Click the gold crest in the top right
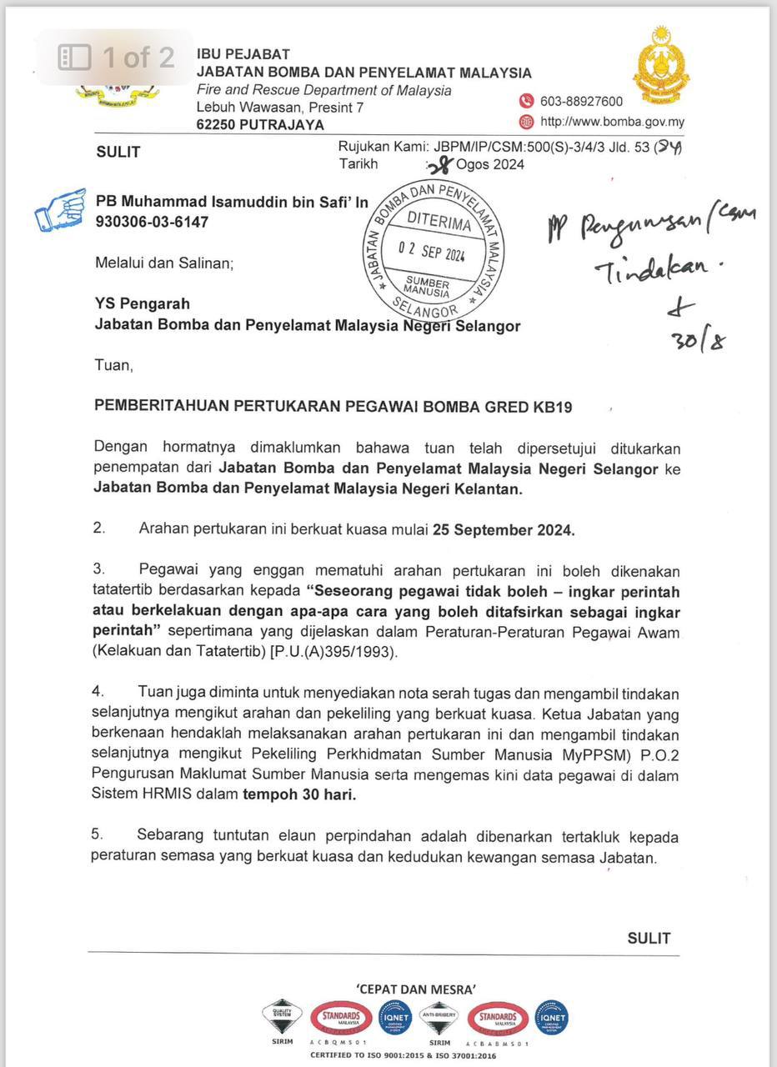(660, 65)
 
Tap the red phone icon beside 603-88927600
(526, 101)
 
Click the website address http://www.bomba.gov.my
(612, 122)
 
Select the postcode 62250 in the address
(218, 125)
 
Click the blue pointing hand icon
(60, 209)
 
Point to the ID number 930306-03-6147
(153, 222)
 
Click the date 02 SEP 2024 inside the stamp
(431, 251)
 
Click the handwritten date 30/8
(698, 340)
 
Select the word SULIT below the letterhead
(118, 152)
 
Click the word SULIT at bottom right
(649, 938)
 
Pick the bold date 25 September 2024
(503, 530)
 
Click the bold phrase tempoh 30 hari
(299, 794)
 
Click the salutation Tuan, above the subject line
(113, 365)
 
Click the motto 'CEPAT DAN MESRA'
(416, 989)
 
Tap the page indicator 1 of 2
(138, 57)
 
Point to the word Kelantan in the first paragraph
(483, 489)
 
